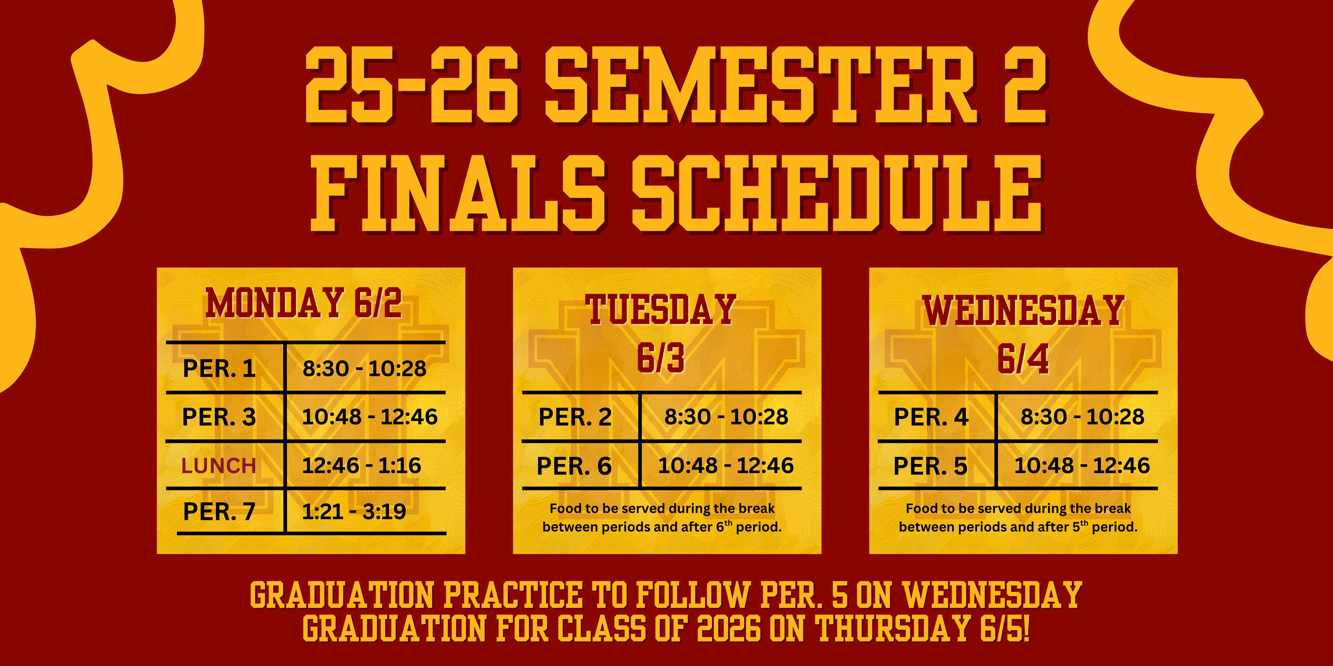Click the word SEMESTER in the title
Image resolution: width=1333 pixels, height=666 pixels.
point(761,85)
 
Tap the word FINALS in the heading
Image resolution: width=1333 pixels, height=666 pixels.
point(458,194)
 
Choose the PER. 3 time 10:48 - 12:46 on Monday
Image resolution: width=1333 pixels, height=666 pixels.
point(370,417)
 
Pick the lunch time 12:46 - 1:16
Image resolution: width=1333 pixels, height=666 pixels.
point(361,465)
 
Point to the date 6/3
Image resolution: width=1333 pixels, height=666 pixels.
point(661,358)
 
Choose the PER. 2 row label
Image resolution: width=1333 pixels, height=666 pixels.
point(575,417)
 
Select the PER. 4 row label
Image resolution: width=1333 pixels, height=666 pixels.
point(931,417)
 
